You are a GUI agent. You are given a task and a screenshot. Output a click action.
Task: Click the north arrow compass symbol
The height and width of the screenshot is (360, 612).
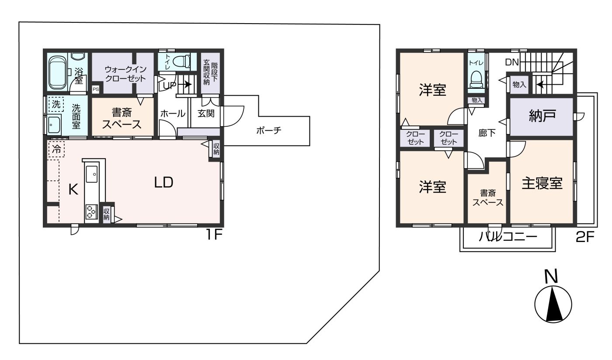(553, 304)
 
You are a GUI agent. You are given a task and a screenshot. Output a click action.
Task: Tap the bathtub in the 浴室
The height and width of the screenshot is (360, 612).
(57, 72)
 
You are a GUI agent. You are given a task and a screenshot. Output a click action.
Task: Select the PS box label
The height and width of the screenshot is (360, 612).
(96, 89)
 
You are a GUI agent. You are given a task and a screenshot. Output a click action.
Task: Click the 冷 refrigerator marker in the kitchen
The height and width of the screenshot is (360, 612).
(56, 149)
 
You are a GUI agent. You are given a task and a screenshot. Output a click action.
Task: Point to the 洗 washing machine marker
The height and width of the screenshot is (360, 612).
(56, 104)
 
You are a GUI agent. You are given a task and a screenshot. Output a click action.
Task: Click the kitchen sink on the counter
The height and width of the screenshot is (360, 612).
(91, 174)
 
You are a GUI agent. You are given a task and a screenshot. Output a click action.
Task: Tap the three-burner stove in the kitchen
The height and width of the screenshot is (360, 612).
(91, 212)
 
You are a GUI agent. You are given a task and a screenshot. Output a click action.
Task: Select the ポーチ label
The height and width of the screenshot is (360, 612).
(269, 131)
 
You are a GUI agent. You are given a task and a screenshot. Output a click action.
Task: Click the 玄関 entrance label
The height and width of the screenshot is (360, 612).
(206, 113)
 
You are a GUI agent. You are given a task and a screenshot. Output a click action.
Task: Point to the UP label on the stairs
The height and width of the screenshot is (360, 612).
(170, 86)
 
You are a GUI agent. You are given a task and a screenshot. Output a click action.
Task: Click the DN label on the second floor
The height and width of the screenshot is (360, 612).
(512, 62)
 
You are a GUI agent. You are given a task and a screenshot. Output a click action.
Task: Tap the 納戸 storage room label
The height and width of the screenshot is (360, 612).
(542, 116)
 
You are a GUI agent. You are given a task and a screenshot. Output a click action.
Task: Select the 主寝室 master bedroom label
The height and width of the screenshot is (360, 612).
(542, 183)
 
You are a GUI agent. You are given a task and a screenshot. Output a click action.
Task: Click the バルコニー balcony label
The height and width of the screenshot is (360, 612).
(508, 237)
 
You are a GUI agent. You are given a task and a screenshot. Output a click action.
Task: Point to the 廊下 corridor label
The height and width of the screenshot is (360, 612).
(487, 133)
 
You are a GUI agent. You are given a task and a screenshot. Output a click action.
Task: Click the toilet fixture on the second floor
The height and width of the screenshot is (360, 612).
(476, 79)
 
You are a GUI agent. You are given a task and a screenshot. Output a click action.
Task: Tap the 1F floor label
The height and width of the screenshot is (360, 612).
(214, 235)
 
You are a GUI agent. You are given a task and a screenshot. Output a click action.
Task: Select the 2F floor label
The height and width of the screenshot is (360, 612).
(585, 237)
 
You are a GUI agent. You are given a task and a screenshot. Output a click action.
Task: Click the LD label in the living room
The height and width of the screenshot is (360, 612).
(163, 183)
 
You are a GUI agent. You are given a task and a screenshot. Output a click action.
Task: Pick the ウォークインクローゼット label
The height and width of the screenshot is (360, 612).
(126, 74)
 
